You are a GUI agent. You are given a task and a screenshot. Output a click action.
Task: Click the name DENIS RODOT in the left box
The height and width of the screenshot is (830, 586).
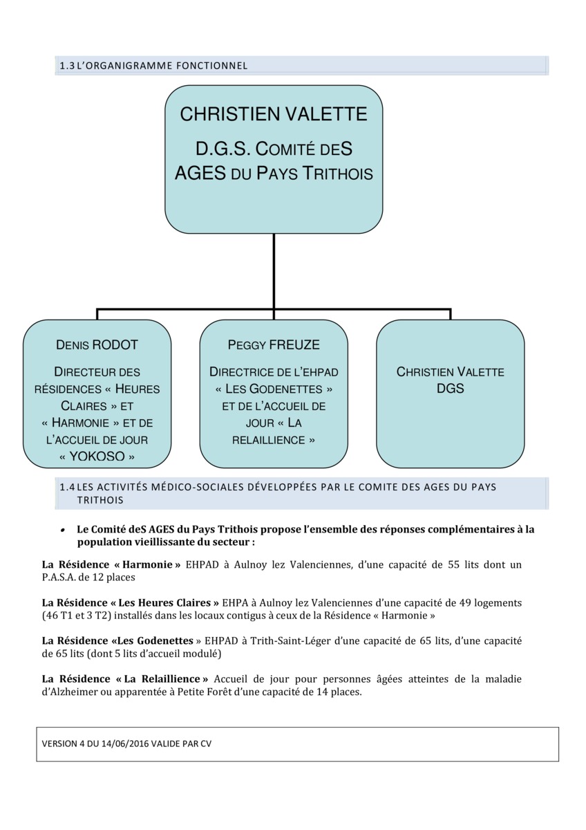click(x=97, y=345)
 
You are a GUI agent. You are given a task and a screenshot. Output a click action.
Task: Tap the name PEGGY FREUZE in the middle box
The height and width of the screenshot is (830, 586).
click(x=274, y=345)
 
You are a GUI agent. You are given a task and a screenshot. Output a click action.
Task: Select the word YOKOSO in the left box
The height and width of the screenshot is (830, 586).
click(x=97, y=456)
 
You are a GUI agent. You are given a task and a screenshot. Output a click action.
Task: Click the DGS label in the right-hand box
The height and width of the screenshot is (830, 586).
click(x=450, y=388)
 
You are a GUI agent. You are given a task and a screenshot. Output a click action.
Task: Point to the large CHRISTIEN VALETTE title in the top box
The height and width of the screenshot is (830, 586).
click(x=274, y=113)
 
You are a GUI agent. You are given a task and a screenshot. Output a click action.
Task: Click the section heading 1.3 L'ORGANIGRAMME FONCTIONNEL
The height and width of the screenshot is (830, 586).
click(x=153, y=66)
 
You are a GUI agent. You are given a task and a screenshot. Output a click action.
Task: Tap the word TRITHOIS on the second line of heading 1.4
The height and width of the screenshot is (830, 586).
click(x=100, y=500)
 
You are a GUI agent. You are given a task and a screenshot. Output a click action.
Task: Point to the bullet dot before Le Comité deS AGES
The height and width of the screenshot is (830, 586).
click(x=64, y=531)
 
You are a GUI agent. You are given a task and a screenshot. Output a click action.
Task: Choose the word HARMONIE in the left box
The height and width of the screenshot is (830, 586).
click(x=80, y=423)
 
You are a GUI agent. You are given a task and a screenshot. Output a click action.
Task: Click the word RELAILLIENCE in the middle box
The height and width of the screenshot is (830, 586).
click(x=269, y=440)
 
